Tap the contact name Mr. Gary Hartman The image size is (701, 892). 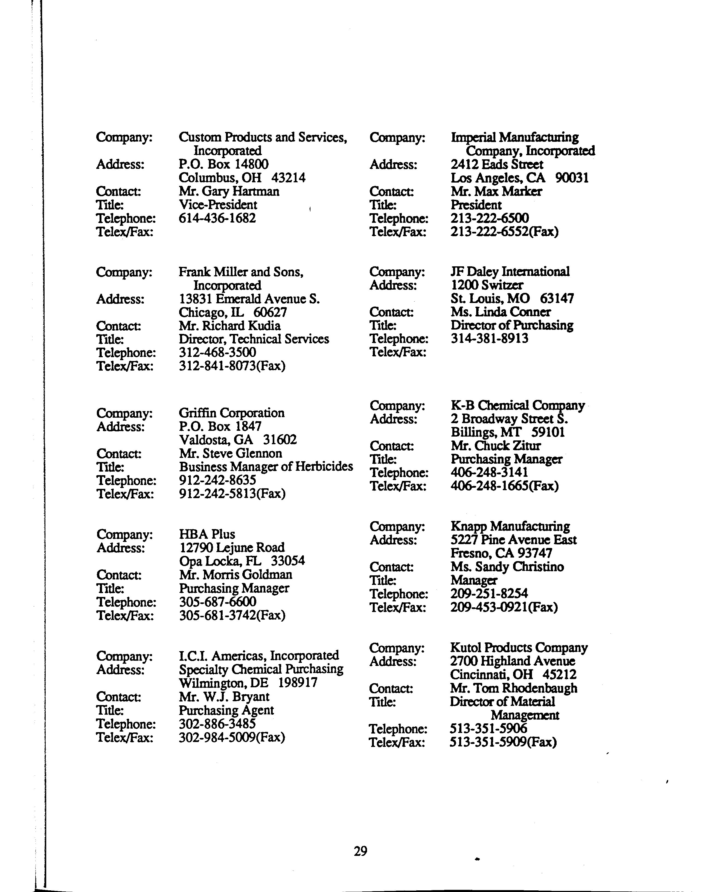point(229,191)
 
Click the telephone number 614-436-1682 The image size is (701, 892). point(217,218)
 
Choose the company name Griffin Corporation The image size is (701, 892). point(231,413)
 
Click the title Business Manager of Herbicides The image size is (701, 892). point(266,467)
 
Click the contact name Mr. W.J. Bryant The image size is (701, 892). point(224,697)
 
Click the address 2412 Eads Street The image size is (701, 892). point(497,165)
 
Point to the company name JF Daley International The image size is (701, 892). point(510,272)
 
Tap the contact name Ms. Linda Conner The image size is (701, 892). point(501,312)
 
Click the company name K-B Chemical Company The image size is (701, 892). point(517,405)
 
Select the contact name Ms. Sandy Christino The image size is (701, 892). point(507,567)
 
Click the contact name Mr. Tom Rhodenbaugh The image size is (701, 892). point(513,688)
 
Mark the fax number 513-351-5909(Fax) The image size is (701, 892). point(503,743)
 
